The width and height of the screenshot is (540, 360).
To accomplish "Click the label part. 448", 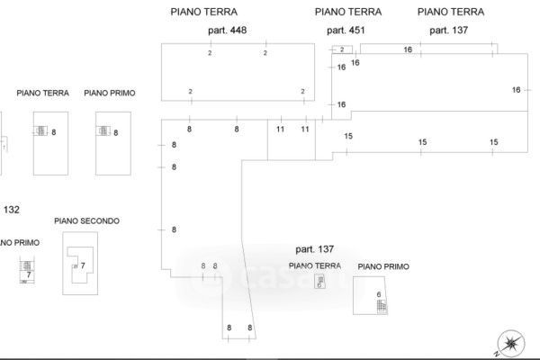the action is [226, 31].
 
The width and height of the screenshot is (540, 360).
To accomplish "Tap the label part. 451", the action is [346, 31].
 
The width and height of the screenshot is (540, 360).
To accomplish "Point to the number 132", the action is [11, 210].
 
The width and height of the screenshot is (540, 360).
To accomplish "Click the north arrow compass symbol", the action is [512, 342].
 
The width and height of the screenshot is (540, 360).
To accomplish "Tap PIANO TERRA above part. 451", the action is [348, 12].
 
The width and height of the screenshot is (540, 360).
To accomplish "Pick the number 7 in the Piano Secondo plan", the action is [83, 266].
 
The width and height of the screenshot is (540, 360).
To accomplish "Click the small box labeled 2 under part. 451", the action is [341, 49].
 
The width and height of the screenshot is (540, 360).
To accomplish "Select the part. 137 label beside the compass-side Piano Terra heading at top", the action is [449, 31].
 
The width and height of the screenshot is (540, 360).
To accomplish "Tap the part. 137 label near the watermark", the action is [315, 248].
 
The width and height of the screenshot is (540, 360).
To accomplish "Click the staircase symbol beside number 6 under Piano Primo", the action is [381, 307].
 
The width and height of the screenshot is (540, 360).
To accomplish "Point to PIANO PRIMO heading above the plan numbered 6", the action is [383, 267].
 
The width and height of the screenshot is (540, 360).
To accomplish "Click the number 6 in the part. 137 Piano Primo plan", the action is [379, 294].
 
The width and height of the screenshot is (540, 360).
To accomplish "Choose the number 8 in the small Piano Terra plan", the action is [54, 132].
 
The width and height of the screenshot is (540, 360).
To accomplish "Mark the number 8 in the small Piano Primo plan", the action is [116, 132].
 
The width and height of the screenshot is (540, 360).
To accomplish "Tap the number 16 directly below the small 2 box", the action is [355, 63].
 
